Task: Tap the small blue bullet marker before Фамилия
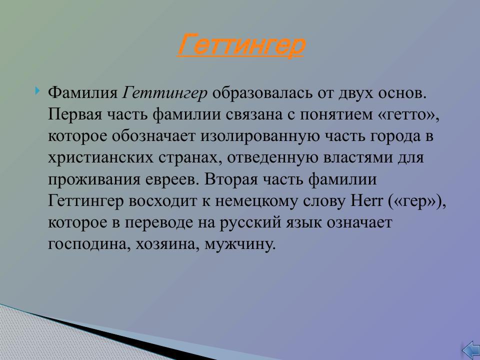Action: click(38, 91)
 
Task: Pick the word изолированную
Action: click(259, 137)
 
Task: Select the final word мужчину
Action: click(241, 244)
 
